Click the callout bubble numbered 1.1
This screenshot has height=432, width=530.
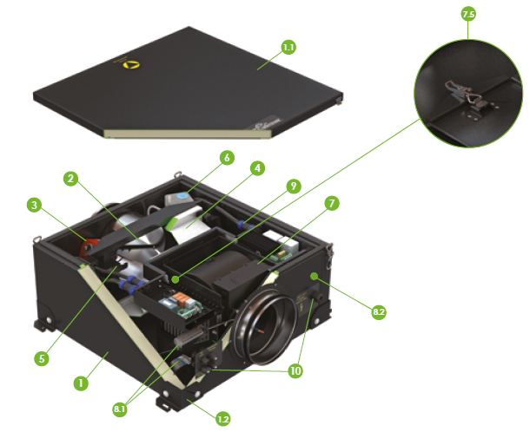288,47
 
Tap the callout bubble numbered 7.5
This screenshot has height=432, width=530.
468,14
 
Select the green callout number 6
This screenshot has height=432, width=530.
227,158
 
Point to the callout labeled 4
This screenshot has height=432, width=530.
257,167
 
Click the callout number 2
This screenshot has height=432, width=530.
71,179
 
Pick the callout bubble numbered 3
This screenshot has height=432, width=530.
34,205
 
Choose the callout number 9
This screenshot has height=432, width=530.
294,186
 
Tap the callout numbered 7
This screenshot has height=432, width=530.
332,203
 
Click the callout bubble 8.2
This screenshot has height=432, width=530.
379,311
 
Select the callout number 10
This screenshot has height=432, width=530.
295,371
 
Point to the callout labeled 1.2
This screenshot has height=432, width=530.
222,419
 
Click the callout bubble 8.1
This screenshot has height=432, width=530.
120,409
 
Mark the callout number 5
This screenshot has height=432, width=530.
42,358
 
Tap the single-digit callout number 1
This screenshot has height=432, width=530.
81,383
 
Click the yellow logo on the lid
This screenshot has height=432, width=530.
131,64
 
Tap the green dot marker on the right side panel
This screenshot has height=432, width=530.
315,277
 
